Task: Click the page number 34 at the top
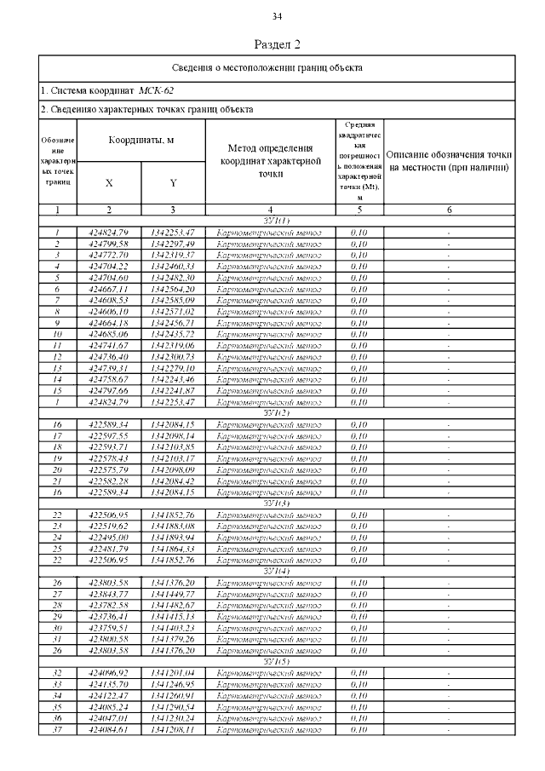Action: coord(278,17)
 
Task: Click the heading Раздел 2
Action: coord(278,44)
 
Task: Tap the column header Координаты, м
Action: coord(141,141)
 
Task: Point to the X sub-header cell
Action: coord(109,182)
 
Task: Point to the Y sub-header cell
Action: coord(173,182)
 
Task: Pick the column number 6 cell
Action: coord(449,209)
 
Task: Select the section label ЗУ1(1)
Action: coord(276,221)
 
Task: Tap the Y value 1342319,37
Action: coord(173,255)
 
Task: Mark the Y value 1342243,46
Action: coord(173,378)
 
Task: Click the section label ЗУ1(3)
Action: coord(276,503)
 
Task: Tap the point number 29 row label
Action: coord(57,616)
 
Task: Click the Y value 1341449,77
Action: coord(173,594)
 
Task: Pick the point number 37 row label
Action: coord(57,728)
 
